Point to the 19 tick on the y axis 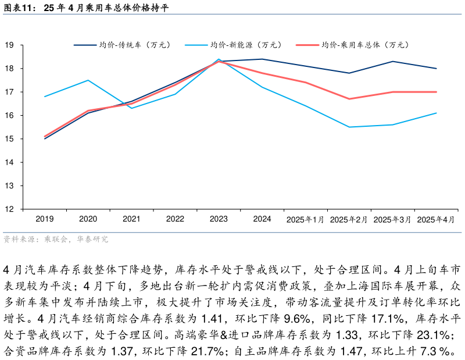point(10,45)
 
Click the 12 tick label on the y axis point(10,209)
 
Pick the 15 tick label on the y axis point(10,139)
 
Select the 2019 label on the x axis point(45,219)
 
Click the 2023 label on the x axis point(219,219)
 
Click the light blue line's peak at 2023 point(219,59)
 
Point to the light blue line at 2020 point(88,80)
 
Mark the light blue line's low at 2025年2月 point(349,127)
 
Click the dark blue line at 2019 point(45,138)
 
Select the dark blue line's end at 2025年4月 point(436,69)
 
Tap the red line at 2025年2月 point(349,99)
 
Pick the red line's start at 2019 point(45,136)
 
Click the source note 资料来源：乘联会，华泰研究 point(56,239)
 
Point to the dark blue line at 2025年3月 point(392,62)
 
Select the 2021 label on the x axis point(131,219)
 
